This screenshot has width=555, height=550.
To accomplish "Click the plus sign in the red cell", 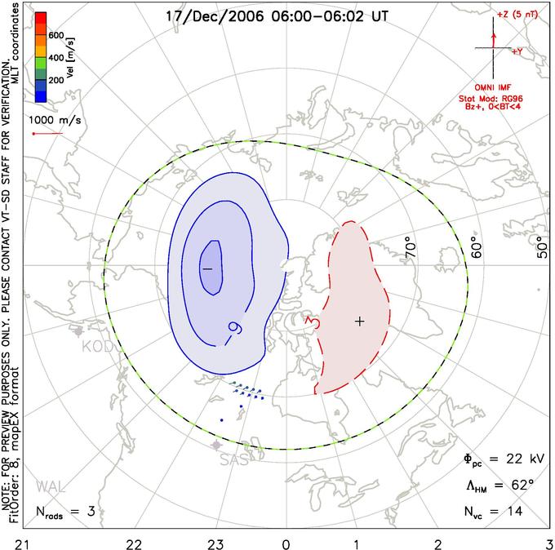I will [x=358, y=321].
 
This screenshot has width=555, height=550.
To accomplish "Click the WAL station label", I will [x=50, y=487].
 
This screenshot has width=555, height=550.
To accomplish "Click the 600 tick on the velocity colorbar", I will [x=55, y=36].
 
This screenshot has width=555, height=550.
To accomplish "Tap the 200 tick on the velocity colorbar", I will [x=55, y=81].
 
